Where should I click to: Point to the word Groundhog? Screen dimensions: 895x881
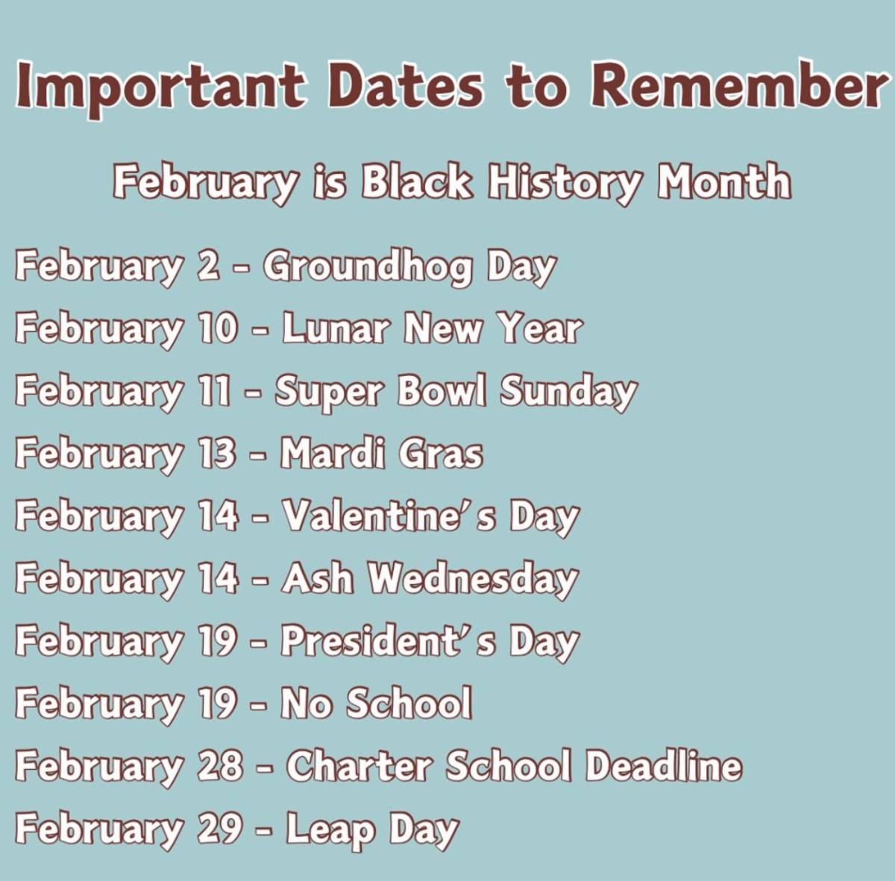pos(368,269)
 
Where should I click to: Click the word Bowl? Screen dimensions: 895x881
pos(442,391)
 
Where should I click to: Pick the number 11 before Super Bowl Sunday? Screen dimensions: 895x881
pos(214,391)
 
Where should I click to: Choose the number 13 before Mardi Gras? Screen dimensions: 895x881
pos(217,454)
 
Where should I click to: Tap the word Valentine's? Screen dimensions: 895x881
pos(389,516)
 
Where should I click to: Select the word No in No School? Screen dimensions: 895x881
pos(306,704)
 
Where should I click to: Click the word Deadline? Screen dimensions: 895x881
pos(663,766)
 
